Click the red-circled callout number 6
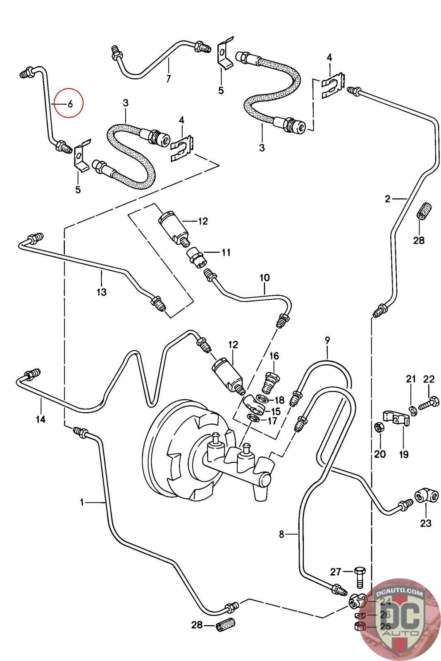click(x=70, y=104)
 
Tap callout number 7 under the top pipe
click(x=168, y=79)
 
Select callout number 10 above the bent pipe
click(x=265, y=278)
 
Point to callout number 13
click(x=102, y=292)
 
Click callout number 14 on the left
click(x=41, y=420)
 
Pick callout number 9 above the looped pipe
click(x=327, y=341)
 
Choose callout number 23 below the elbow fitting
click(x=426, y=523)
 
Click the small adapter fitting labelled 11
click(x=195, y=256)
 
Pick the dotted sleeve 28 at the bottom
click(x=226, y=626)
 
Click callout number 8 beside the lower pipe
click(x=281, y=534)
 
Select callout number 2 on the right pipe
click(x=387, y=199)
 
